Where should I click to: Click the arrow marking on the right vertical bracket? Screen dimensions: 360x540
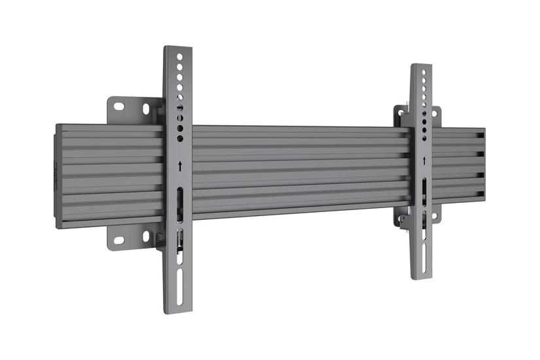coord(423,159)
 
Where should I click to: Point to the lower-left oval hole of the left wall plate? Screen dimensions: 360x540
coord(119,240)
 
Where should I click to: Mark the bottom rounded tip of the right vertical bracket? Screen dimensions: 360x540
coord(422,278)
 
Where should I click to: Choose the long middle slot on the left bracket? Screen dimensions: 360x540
coord(179,203)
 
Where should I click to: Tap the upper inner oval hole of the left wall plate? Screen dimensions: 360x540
coord(145,109)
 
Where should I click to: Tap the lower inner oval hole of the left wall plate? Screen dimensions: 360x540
coord(146,236)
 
